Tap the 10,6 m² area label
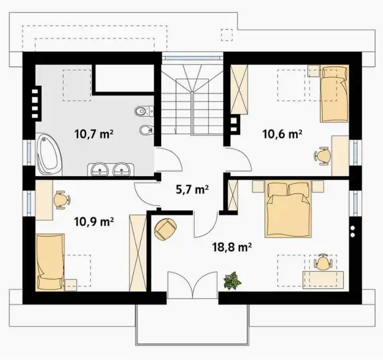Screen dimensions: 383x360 coord(283,134)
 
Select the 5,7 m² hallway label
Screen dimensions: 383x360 coord(192,189)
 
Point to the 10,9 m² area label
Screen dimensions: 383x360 coord(94,221)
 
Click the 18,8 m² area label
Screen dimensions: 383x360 coord(232,247)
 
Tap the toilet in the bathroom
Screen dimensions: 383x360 coord(144,111)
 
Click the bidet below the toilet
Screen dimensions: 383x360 coord(146,130)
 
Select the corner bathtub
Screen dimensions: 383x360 coord(49,154)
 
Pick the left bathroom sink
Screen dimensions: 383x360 coord(100,169)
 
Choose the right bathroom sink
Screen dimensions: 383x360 coord(122,169)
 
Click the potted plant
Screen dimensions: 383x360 coord(232,281)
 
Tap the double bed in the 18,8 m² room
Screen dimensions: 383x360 coord(288,209)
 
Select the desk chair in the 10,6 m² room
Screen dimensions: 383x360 coord(323,155)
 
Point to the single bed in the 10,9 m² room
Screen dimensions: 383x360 coord(50,263)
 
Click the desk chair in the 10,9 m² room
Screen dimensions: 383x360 coord(62,200)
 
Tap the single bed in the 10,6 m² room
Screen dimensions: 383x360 coord(334,94)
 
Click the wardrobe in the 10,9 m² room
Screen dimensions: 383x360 coord(138,253)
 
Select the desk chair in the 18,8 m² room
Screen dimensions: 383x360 coord(323,262)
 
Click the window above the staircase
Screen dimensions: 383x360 coord(193,58)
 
